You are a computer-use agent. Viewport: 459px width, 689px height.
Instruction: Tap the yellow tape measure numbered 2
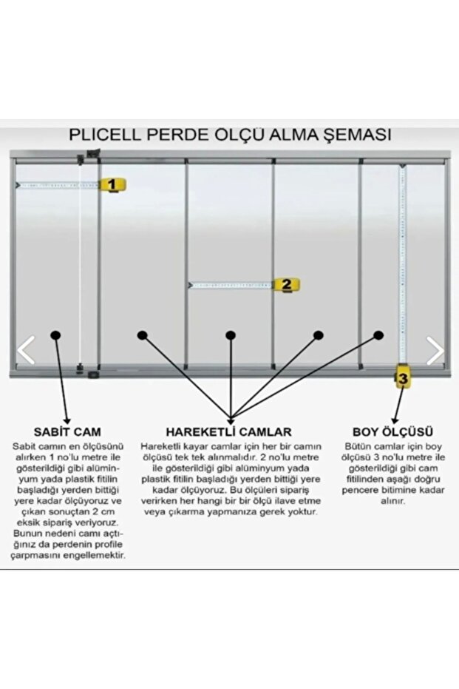[x=286, y=284]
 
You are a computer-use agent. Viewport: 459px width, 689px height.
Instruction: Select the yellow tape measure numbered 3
[x=402, y=379]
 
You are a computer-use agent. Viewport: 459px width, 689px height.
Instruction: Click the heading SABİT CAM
[x=67, y=431]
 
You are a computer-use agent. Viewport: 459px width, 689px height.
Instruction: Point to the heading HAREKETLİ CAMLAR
[x=229, y=431]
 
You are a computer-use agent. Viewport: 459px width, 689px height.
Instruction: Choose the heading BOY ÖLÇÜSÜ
[x=392, y=431]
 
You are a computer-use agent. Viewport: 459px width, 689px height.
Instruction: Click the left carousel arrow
[x=26, y=350]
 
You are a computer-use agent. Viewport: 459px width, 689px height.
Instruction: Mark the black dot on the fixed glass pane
[x=55, y=335]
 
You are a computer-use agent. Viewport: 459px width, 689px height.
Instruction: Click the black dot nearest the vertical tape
[x=378, y=335]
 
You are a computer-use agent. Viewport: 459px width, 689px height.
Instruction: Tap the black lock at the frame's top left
[x=92, y=155]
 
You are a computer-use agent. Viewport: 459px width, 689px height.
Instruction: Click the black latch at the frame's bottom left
[x=92, y=374]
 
